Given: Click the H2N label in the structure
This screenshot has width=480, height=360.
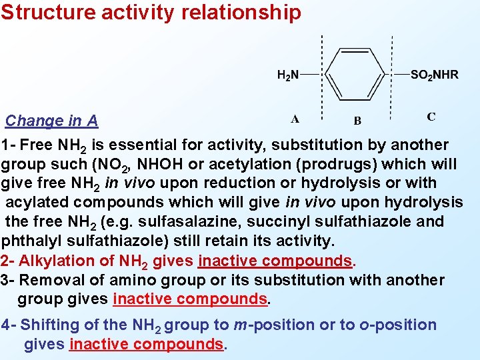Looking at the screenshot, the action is click(288, 75).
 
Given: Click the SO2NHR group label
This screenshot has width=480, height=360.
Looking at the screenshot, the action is click(434, 75).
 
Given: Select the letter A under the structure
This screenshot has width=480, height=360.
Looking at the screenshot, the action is click(295, 120).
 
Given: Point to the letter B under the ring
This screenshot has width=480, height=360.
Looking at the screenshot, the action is click(357, 121).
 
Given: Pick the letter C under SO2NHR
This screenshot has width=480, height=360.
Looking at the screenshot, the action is click(431, 117).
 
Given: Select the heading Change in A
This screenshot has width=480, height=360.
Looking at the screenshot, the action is click(52, 121).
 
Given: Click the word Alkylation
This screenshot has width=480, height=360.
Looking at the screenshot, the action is click(55, 261).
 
